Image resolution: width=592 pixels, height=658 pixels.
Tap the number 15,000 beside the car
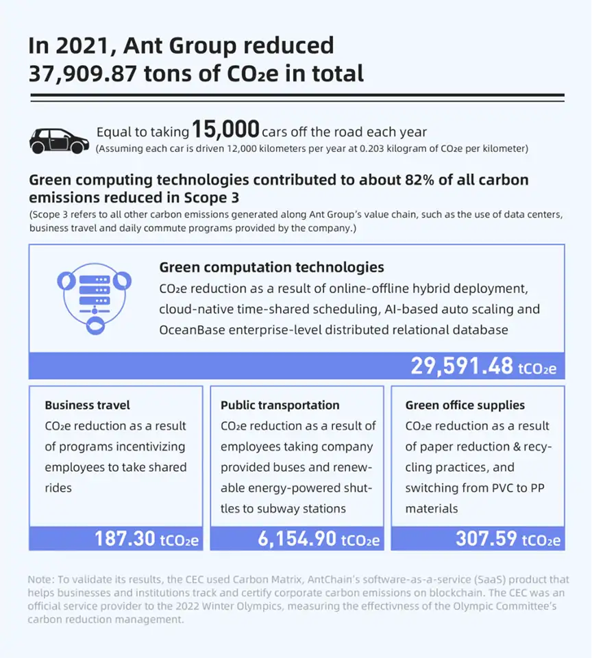coord(225,129)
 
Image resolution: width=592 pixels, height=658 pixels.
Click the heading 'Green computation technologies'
coord(271,266)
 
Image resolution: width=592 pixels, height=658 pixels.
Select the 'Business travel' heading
coord(87,405)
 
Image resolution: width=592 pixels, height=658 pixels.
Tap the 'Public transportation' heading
coord(280,405)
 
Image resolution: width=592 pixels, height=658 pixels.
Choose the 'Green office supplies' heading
coord(465,405)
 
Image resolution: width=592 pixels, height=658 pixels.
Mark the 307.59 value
coord(486,538)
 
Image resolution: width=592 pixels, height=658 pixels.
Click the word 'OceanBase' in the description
coord(190,329)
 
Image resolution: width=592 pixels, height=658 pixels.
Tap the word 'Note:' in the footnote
coord(40,580)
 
